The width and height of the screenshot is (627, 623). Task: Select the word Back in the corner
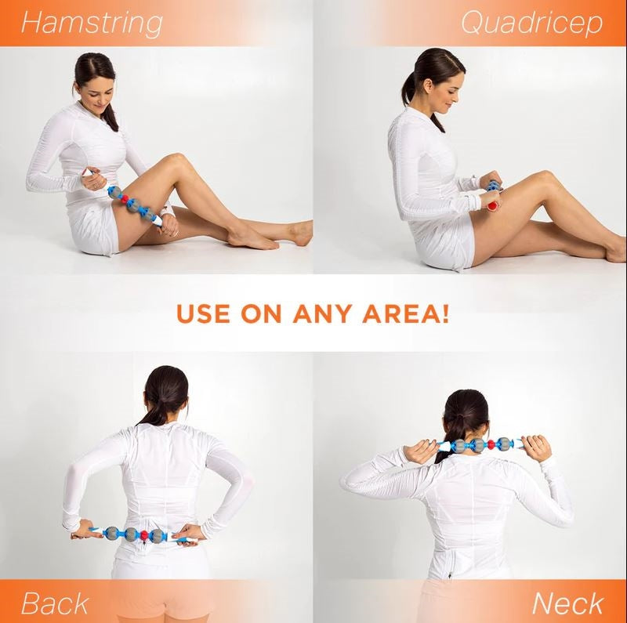pos(54,603)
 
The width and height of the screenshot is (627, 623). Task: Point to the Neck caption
pos(568,603)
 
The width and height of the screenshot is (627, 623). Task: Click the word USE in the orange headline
pos(206,315)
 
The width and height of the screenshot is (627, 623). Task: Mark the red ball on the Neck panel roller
pos(491,445)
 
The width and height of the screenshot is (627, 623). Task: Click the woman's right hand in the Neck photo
pos(537,447)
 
